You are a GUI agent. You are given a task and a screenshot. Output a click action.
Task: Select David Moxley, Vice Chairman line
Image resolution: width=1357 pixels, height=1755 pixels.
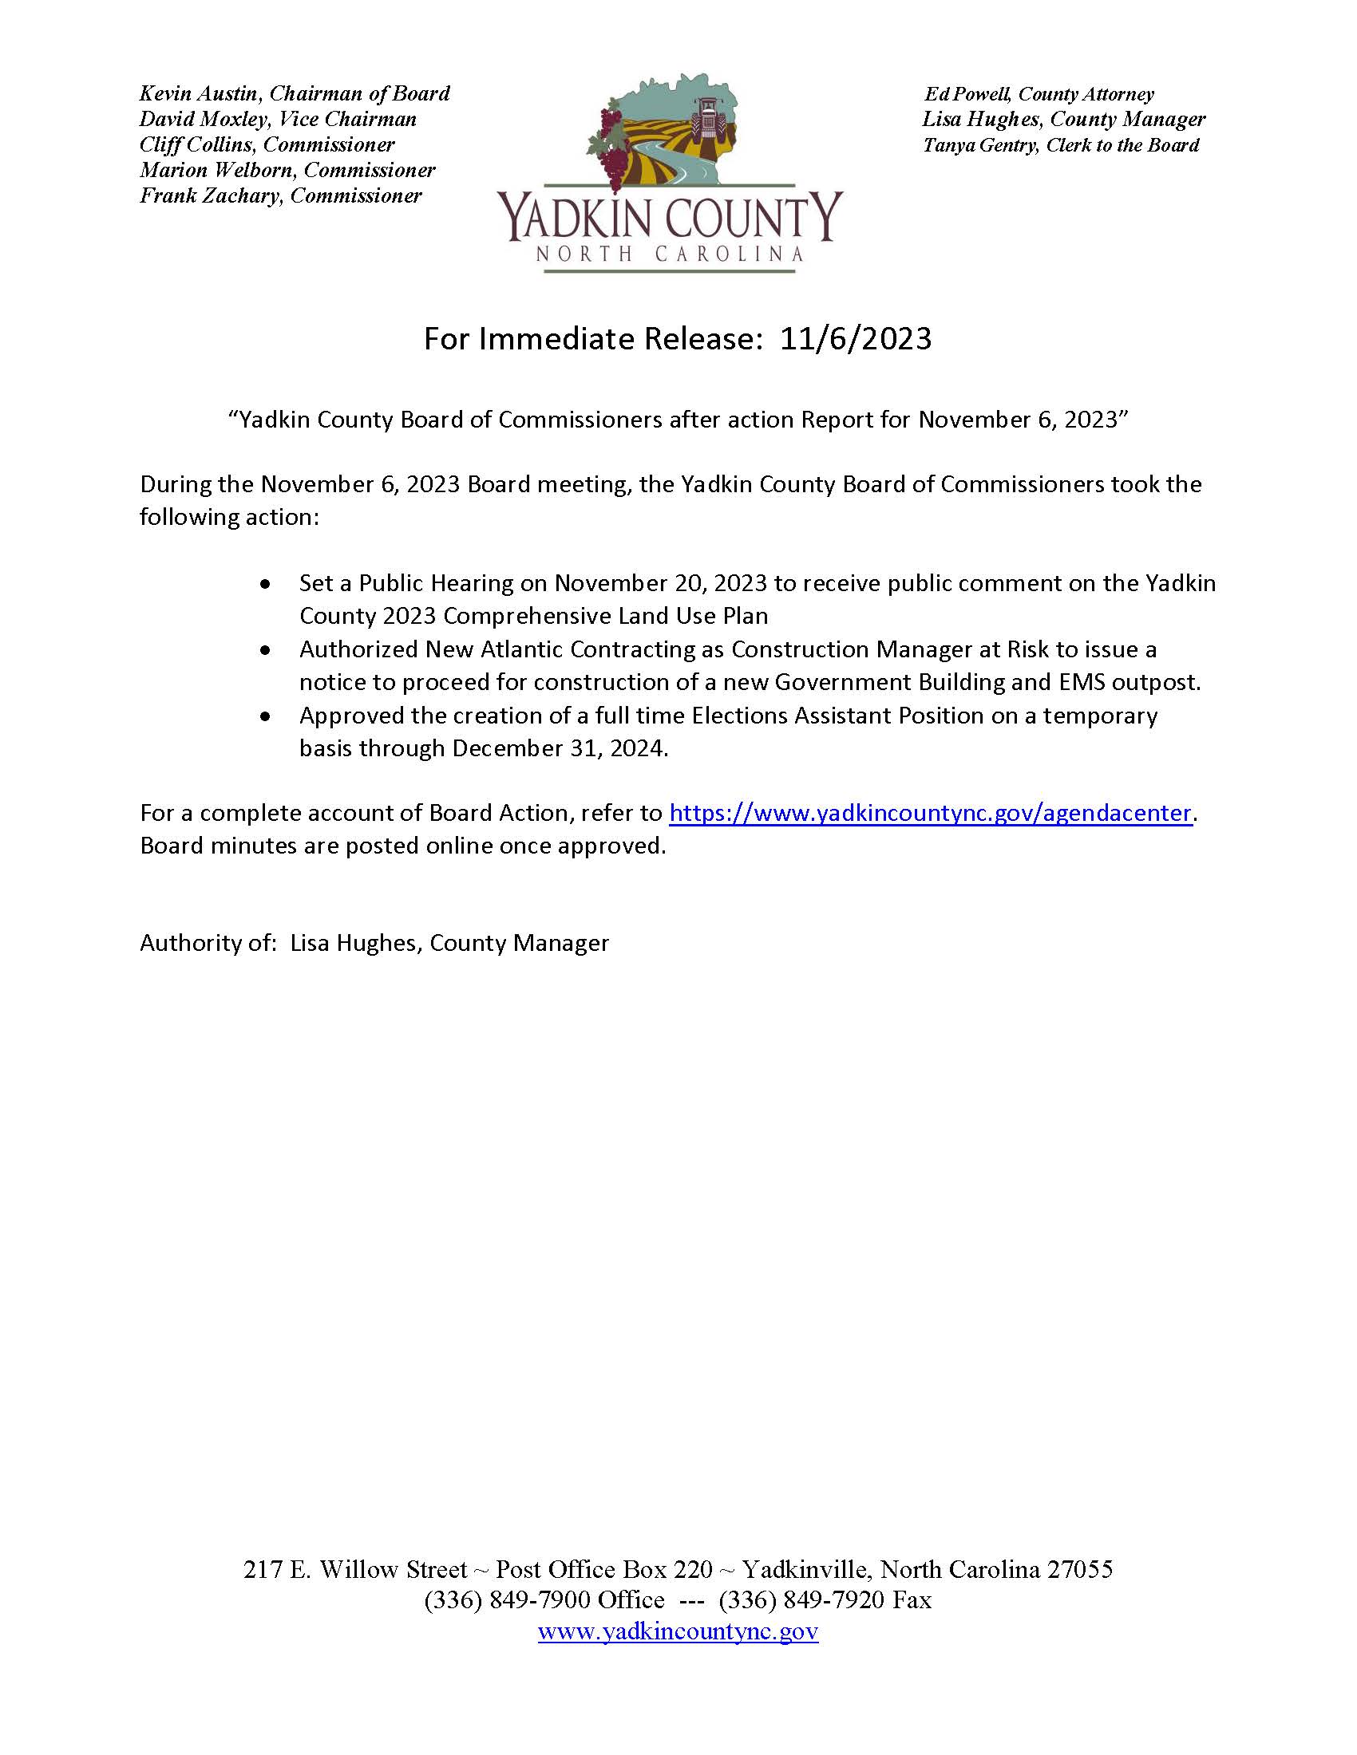(277, 120)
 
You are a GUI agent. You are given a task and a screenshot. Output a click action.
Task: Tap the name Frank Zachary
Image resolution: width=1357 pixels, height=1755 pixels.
(208, 196)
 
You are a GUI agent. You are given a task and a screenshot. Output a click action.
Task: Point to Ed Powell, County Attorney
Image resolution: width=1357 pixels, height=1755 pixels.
(1038, 94)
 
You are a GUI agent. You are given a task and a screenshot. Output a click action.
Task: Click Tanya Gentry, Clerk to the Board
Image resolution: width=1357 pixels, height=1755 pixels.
(1060, 145)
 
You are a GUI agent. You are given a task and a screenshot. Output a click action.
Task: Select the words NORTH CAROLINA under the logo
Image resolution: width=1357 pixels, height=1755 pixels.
(670, 254)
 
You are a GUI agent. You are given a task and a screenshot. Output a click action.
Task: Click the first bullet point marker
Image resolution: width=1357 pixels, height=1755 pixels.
(265, 583)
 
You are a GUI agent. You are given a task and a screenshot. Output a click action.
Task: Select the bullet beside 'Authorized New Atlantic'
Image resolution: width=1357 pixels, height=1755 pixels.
(265, 649)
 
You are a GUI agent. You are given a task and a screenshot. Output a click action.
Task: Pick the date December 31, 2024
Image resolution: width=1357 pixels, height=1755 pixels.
(559, 749)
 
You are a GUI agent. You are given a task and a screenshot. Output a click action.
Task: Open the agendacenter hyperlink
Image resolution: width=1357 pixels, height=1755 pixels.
(929, 813)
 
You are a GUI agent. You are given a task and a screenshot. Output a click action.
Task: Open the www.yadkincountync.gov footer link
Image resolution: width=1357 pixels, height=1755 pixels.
(678, 1632)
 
